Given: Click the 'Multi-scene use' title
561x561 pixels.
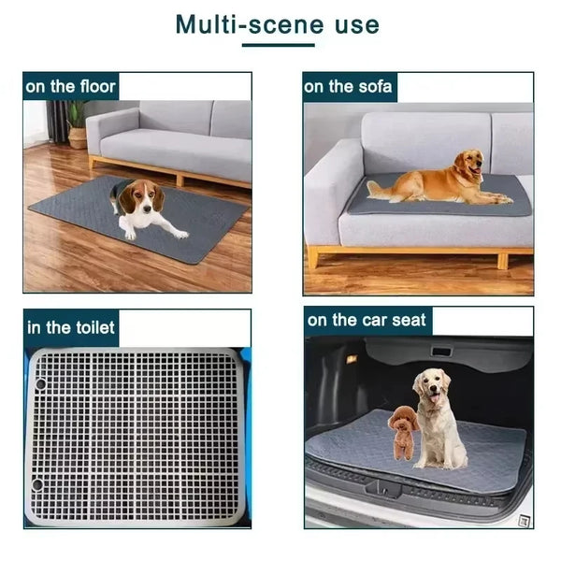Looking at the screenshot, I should [x=278, y=23].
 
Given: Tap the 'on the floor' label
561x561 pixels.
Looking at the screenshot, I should [x=71, y=87].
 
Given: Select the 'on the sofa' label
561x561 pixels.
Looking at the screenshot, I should [x=348, y=87].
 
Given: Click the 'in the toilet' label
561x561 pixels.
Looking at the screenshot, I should [x=71, y=326].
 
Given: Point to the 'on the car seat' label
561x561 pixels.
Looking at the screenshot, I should [x=367, y=321].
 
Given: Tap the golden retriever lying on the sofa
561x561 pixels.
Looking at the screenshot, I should [x=439, y=180].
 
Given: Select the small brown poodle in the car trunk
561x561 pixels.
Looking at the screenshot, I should [x=403, y=431].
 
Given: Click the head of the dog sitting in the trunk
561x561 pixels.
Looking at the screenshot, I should [x=432, y=386].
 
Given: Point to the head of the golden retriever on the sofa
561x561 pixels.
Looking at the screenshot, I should [x=468, y=165].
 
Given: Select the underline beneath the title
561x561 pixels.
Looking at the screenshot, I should [x=278, y=44].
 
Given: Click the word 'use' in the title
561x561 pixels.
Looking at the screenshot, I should [x=358, y=23].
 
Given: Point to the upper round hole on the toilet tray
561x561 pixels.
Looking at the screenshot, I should [x=40, y=384].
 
